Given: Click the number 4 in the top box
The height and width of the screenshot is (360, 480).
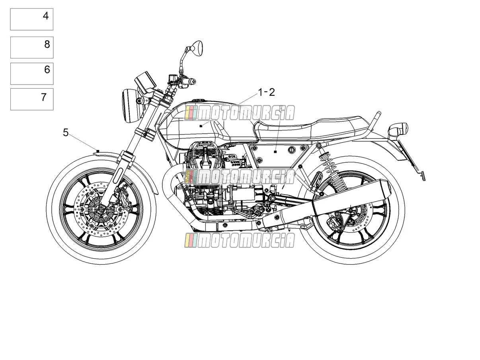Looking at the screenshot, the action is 46,16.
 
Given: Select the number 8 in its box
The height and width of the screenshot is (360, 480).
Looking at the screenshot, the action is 47,44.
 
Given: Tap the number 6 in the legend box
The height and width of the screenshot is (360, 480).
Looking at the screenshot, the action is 47,70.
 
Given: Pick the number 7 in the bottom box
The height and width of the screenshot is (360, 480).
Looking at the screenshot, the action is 44,97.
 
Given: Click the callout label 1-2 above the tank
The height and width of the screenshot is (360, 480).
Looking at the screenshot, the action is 266,92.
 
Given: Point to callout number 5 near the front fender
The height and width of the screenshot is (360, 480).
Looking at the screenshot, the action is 66,133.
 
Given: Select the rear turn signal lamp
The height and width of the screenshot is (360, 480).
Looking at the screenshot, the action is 398,129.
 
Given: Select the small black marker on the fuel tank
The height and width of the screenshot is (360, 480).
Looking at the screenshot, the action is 201,126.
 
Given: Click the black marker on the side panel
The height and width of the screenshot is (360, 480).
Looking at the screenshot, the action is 275,152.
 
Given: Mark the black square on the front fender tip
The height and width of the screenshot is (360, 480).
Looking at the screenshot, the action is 98,151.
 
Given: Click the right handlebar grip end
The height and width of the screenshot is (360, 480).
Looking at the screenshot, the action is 193,82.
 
